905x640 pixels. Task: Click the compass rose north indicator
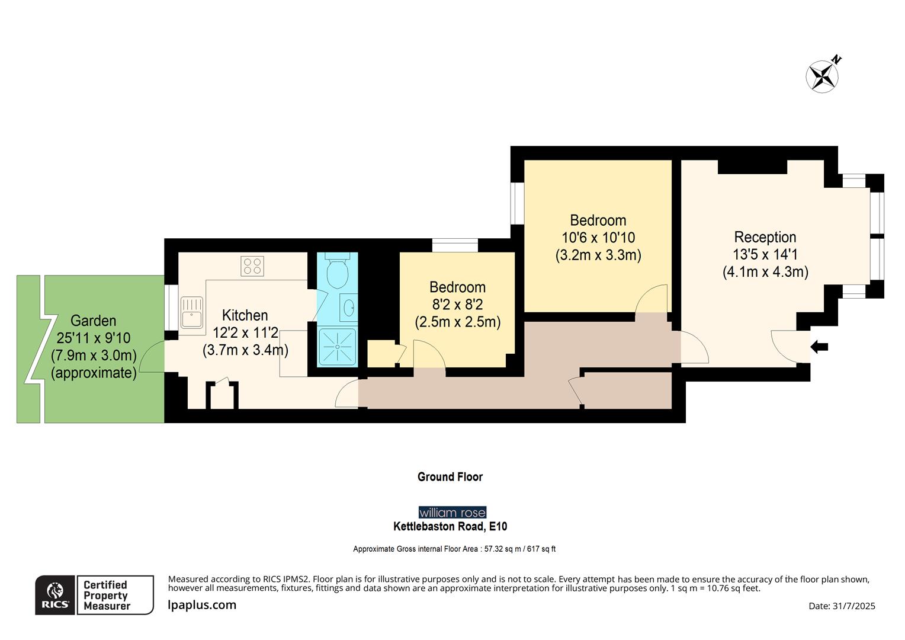pyautogui.click(x=823, y=76)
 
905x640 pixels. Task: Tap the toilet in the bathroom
pyautogui.click(x=338, y=273)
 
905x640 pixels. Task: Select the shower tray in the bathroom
pyautogui.click(x=338, y=347)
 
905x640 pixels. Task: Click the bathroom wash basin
pyautogui.click(x=349, y=308)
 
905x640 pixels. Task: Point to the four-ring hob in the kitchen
pyautogui.click(x=252, y=266)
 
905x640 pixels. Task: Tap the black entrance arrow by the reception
pyautogui.click(x=819, y=347)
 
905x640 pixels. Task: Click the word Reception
pyautogui.click(x=765, y=237)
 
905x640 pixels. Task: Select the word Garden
pyautogui.click(x=93, y=321)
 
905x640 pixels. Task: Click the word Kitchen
pyautogui.click(x=245, y=315)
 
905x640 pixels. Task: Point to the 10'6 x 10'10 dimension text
pyautogui.click(x=598, y=238)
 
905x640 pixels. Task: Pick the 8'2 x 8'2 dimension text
pyautogui.click(x=457, y=305)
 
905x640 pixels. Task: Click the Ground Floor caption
pyautogui.click(x=450, y=477)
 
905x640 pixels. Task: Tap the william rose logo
pyautogui.click(x=452, y=513)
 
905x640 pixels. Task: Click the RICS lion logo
pyautogui.click(x=55, y=595)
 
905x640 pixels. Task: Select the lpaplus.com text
pyautogui.click(x=202, y=605)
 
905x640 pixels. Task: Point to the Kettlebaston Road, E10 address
pyautogui.click(x=450, y=526)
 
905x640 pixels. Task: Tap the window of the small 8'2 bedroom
pyautogui.click(x=455, y=245)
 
